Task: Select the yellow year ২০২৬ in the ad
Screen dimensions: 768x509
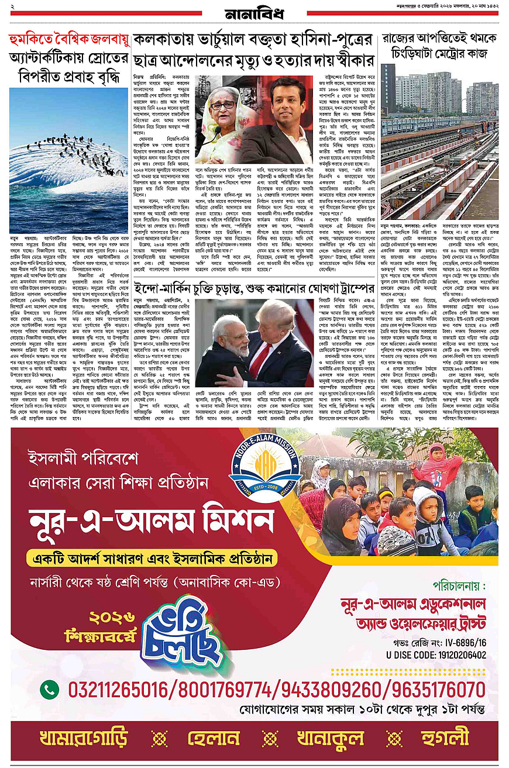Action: (x=111, y=618)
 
